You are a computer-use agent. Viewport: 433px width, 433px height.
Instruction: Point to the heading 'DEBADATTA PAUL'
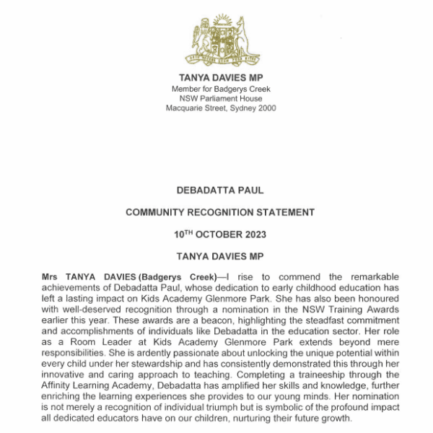click(220, 191)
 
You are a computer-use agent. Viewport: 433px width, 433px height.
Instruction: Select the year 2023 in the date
click(253, 235)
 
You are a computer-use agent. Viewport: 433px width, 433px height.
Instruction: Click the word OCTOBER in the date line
click(218, 235)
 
